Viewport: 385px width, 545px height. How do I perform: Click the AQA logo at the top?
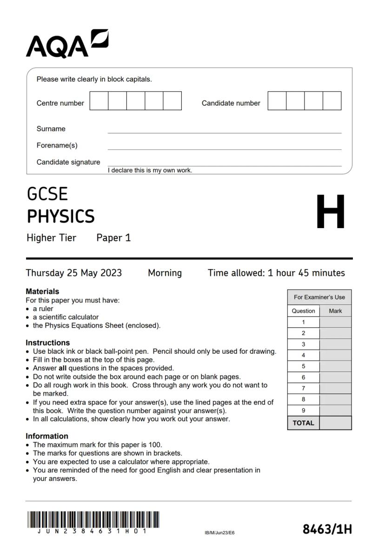tap(67, 44)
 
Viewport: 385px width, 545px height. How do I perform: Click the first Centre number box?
tap(99, 101)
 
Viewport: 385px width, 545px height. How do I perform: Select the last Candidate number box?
tap(332, 101)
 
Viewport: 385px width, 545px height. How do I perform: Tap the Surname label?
tap(51, 129)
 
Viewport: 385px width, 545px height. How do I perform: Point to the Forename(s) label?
tap(57, 146)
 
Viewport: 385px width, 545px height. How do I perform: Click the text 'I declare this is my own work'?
tap(150, 170)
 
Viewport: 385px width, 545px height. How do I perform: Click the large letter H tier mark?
tap(331, 212)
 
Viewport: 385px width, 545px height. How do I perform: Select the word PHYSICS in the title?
tap(61, 216)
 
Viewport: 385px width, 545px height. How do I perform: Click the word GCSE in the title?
tap(47, 194)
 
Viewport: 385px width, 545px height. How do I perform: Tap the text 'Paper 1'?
tap(113, 238)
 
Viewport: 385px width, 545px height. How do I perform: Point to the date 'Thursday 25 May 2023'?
tap(74, 273)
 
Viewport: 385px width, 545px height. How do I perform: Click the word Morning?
tap(165, 273)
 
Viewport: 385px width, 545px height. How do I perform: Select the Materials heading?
tap(42, 291)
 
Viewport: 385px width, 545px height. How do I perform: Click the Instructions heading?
tap(47, 343)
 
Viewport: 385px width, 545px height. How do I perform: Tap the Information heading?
tap(47, 436)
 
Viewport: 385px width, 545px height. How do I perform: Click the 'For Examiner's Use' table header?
tap(319, 297)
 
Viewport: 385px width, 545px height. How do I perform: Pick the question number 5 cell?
tap(303, 366)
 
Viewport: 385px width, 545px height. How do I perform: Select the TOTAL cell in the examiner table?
tap(303, 423)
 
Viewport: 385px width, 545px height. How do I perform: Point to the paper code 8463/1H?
tap(327, 529)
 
